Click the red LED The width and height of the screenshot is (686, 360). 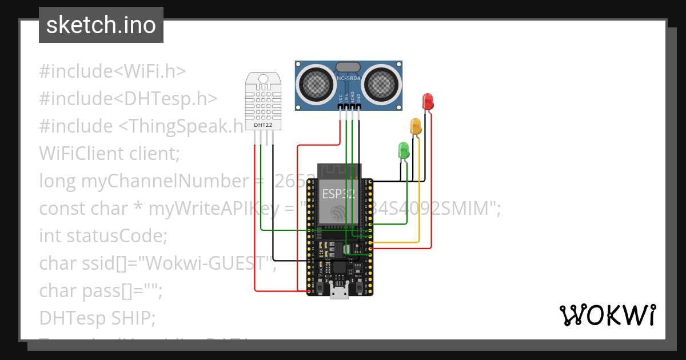427,102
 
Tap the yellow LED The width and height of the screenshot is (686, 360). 416,126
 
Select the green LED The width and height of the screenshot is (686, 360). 404,151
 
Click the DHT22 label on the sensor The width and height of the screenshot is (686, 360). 264,124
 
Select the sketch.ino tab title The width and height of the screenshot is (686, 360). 101,25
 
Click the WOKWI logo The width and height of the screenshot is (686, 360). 607,315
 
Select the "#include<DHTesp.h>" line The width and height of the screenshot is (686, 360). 128,99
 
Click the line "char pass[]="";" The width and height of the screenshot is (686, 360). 101,290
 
